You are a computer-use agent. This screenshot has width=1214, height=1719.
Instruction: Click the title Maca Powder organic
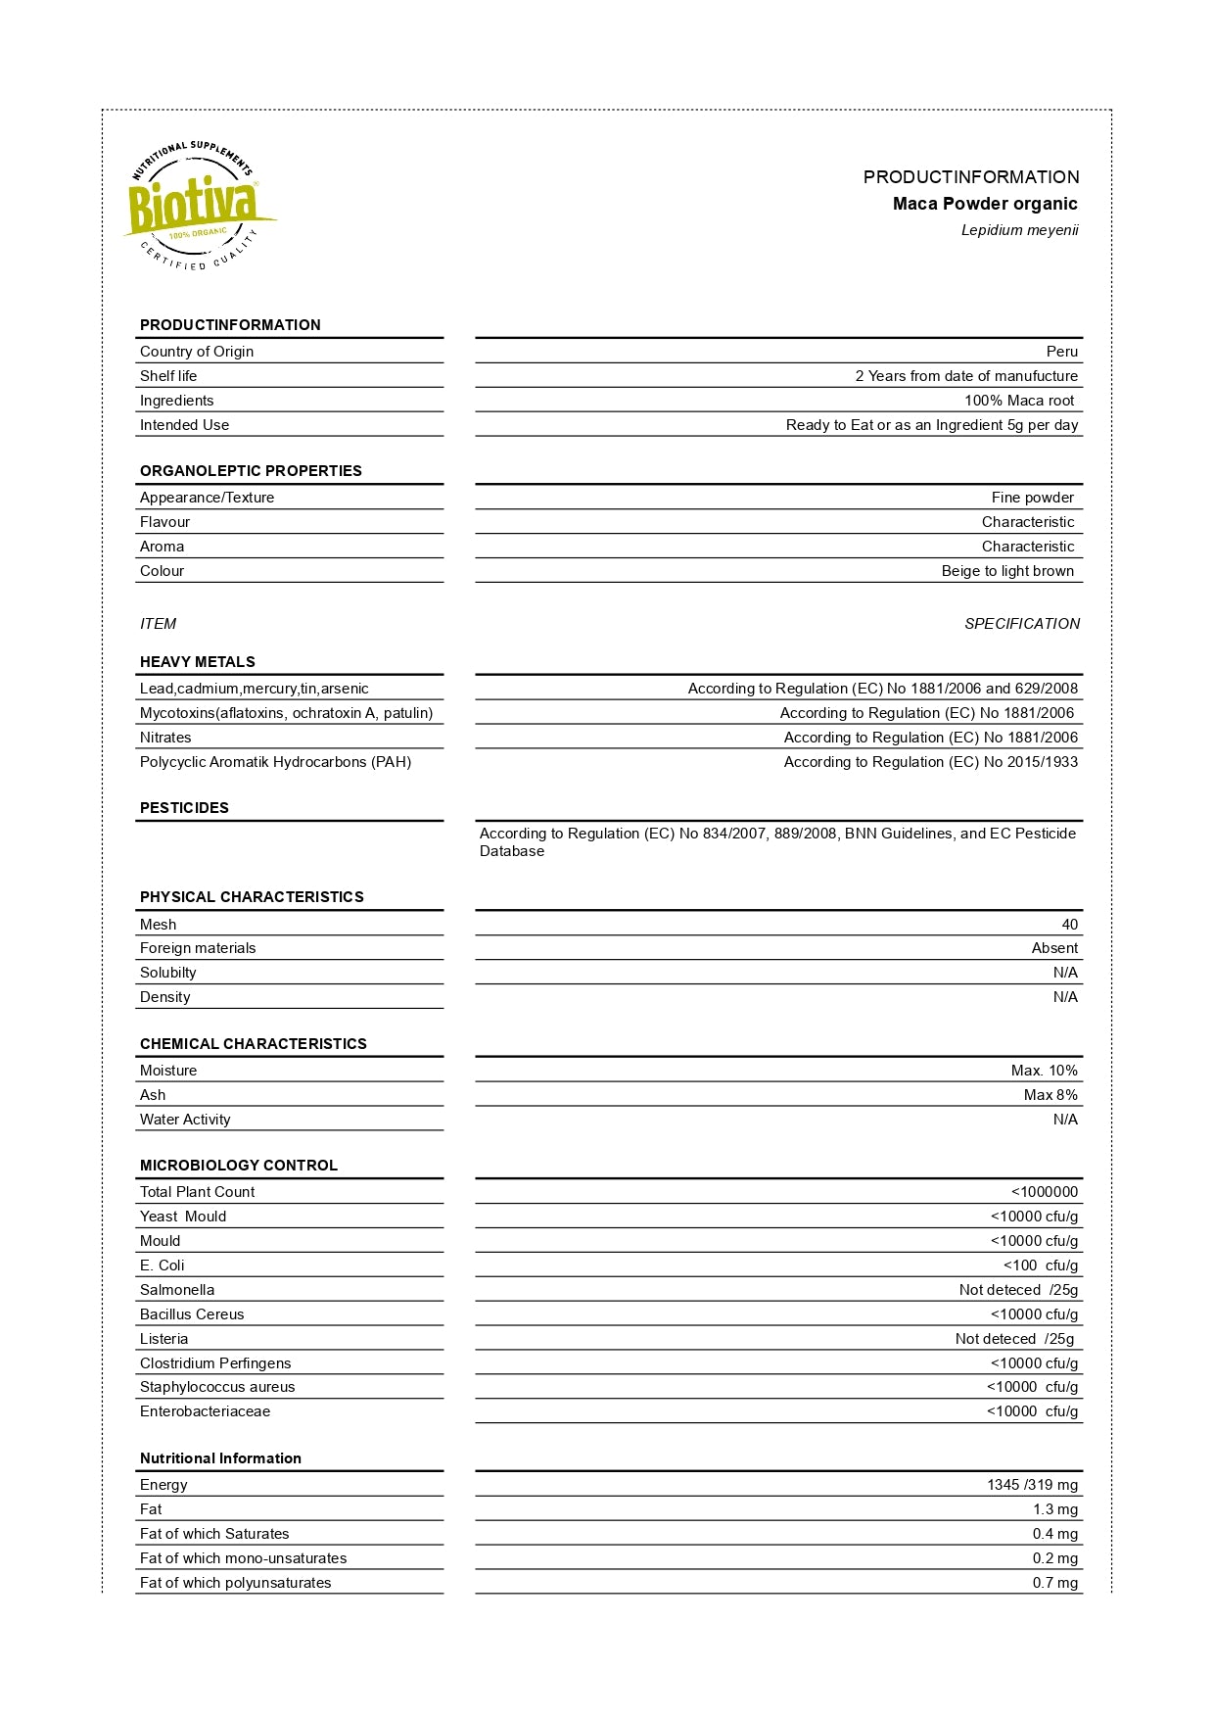[984, 204]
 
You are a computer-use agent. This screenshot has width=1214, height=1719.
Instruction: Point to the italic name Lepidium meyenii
[1019, 230]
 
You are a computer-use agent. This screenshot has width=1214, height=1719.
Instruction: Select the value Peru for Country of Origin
[1061, 352]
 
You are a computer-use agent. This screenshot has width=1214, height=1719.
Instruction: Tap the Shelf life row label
[168, 376]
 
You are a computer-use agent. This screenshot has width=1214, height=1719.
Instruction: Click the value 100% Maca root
[1018, 401]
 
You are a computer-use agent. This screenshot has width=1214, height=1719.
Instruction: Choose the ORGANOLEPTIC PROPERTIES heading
[251, 471]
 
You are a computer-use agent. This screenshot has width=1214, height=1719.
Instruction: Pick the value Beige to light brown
[1007, 571]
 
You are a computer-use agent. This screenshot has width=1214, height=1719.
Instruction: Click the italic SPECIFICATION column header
[1021, 624]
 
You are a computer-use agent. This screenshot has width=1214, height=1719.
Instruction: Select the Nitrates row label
[165, 738]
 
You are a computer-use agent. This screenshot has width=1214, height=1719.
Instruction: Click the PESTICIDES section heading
[184, 808]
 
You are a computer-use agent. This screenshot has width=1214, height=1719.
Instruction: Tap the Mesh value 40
[1069, 925]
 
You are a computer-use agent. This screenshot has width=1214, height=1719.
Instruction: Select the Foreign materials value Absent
[1054, 948]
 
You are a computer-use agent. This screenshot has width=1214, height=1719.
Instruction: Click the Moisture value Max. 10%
[1044, 1071]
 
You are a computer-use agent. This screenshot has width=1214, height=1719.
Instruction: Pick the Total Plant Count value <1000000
[1044, 1192]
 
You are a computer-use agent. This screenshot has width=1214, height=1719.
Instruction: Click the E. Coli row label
[162, 1265]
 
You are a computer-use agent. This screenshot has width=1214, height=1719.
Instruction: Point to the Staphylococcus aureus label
[217, 1387]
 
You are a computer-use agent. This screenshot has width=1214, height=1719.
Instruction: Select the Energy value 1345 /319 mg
[1032, 1485]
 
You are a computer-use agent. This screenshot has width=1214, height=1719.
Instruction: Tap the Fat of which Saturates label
[214, 1534]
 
